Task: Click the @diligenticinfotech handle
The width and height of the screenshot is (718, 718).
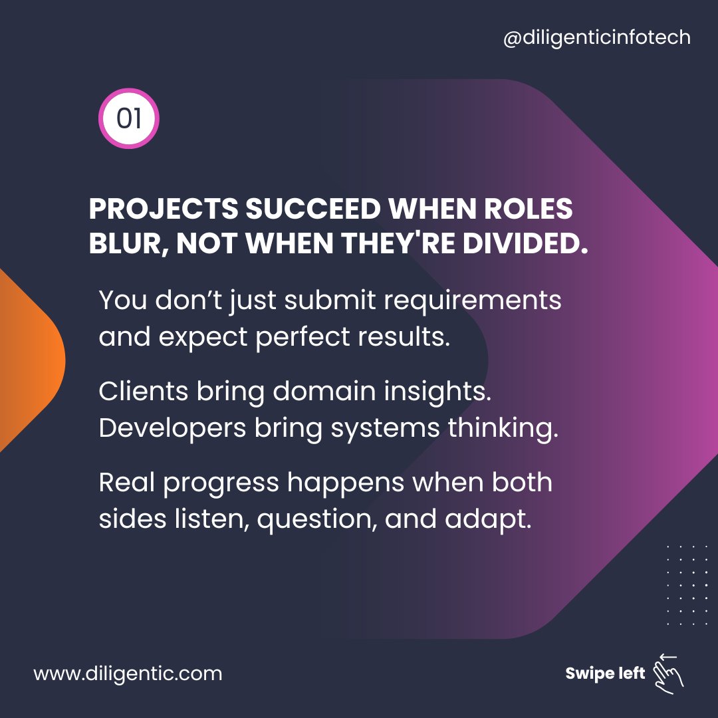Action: [x=597, y=38]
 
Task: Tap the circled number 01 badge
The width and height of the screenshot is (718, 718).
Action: [x=129, y=118]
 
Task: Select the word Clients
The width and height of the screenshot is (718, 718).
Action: [x=143, y=392]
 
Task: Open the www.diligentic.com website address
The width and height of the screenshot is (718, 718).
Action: [x=128, y=673]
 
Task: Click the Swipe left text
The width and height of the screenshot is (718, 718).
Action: [x=605, y=673]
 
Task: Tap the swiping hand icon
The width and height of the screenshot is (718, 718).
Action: [x=667, y=671]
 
